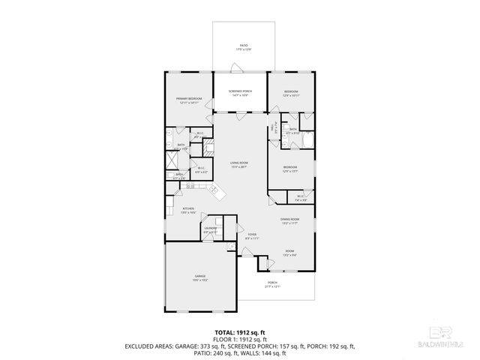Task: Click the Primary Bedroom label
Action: pyautogui.click(x=189, y=100)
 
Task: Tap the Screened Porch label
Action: pyautogui.click(x=240, y=92)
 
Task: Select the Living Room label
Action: pyautogui.click(x=239, y=164)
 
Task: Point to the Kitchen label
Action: pyautogui.click(x=188, y=211)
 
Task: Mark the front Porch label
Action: pyautogui.click(x=271, y=284)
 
